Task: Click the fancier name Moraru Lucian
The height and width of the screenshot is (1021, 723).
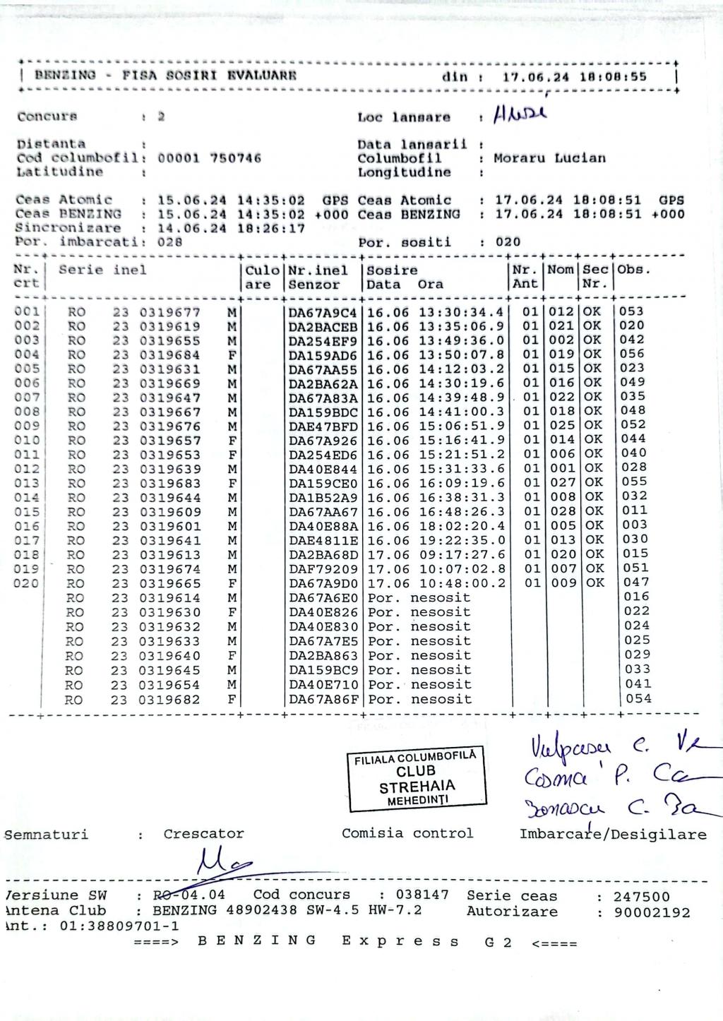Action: [x=549, y=158]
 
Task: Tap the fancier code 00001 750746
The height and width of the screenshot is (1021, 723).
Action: [x=209, y=158]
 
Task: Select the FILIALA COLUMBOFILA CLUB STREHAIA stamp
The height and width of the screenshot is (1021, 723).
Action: [x=416, y=778]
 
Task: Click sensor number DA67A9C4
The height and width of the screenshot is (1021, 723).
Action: [x=323, y=312]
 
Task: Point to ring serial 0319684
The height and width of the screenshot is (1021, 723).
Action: [x=169, y=355]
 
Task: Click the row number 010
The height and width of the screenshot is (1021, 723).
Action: [x=27, y=441]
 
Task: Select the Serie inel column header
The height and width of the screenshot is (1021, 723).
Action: [x=102, y=270]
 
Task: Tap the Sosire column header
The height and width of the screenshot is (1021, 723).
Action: [x=392, y=270]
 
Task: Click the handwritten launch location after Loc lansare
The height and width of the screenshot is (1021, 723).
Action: [x=521, y=114]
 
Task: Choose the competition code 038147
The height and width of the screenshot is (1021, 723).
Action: [x=422, y=895]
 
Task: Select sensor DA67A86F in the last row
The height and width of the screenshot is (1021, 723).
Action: [x=323, y=700]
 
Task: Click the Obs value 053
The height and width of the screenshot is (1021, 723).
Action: [x=633, y=311]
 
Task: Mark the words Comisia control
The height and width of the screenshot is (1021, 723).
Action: [x=407, y=833]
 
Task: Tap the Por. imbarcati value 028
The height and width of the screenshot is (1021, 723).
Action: [x=169, y=241]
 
